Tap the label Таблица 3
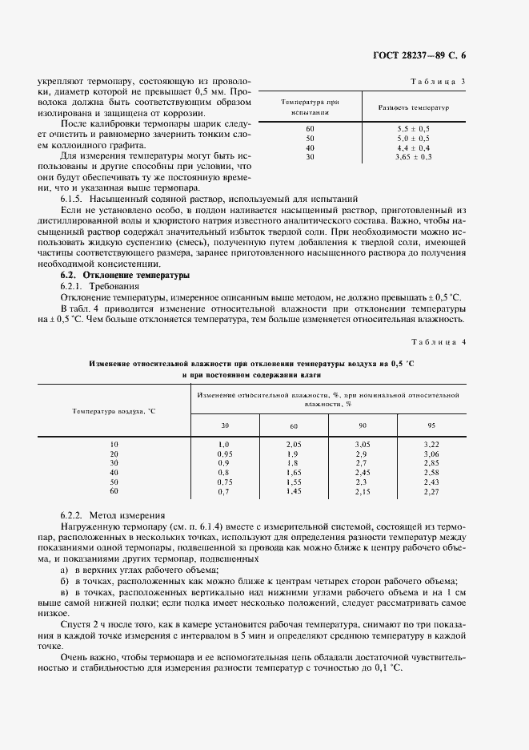pyautogui.click(x=438, y=82)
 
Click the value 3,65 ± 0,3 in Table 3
pyautogui.click(x=413, y=157)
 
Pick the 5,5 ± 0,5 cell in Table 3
pyautogui.click(x=413, y=128)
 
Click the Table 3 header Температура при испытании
pyautogui.click(x=311, y=107)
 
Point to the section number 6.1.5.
pyautogui.click(x=73, y=198)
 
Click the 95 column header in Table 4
pyautogui.click(x=431, y=425)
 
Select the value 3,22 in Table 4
pyautogui.click(x=431, y=444)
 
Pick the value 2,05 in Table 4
pyautogui.click(x=294, y=444)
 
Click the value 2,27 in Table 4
pyautogui.click(x=431, y=492)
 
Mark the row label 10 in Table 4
pyautogui.click(x=114, y=444)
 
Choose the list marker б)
pyautogui.click(x=65, y=580)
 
